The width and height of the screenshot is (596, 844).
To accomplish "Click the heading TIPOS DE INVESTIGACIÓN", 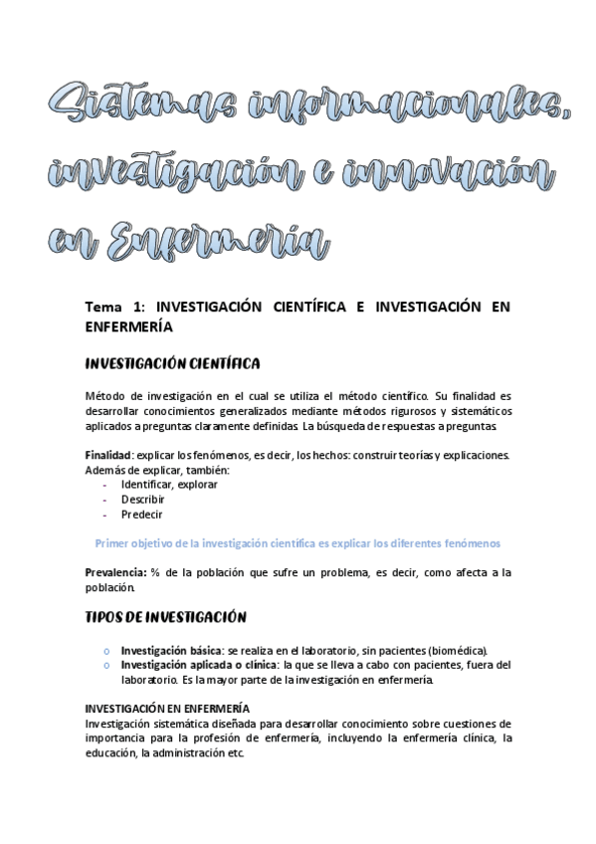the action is pos(166,616).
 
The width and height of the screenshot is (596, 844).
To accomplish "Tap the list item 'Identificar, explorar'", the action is pos(169,485).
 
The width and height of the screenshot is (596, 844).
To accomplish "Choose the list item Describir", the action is pos(143,500).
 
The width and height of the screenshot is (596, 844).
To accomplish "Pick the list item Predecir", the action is pos(142,515).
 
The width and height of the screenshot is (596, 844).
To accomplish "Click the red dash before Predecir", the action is pos(104,515).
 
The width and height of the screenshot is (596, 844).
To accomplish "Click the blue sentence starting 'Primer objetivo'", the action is pos(297,542).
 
